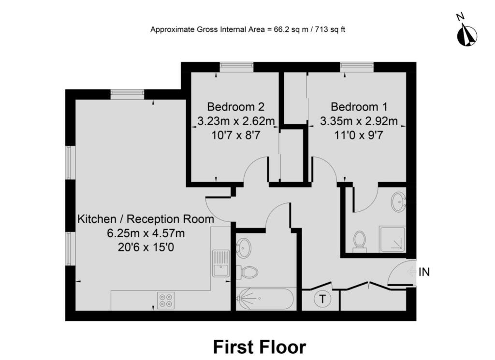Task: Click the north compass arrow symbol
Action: (467, 36)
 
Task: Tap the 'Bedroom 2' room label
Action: (235, 107)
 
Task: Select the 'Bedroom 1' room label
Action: (359, 107)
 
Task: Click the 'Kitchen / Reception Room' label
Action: (146, 218)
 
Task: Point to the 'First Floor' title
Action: (260, 347)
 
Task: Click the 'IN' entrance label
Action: (424, 272)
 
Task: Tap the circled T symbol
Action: (322, 299)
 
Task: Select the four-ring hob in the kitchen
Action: (166, 301)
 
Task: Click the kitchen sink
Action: (221, 263)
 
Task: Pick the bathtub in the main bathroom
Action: (266, 298)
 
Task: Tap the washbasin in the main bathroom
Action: (244, 248)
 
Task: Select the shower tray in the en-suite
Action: (392, 239)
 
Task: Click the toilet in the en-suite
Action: (359, 242)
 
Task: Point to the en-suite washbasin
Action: (399, 202)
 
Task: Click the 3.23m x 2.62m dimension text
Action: (236, 121)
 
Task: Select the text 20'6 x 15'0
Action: (146, 247)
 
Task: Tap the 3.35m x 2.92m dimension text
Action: (359, 121)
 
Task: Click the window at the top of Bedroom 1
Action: (357, 67)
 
